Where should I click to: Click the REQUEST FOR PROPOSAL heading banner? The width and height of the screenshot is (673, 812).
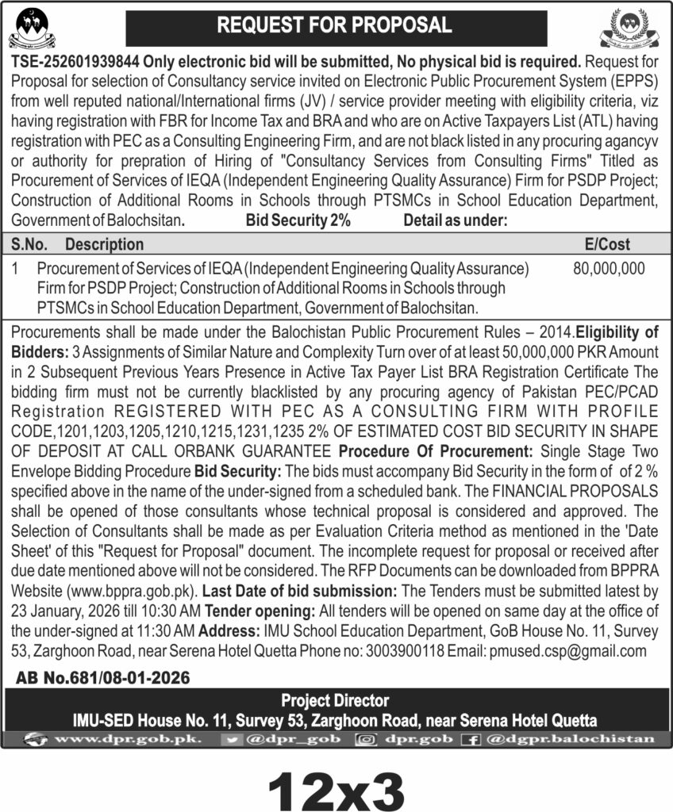tap(336, 25)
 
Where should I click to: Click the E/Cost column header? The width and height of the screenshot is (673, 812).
tap(606, 245)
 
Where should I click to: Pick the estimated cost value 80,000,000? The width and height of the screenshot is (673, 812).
tap(609, 270)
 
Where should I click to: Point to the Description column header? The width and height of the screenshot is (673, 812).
tap(104, 245)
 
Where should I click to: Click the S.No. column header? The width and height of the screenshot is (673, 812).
tap(31, 245)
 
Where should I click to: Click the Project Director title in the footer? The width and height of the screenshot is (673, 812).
tap(335, 700)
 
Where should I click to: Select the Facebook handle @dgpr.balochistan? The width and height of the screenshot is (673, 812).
tap(569, 739)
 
